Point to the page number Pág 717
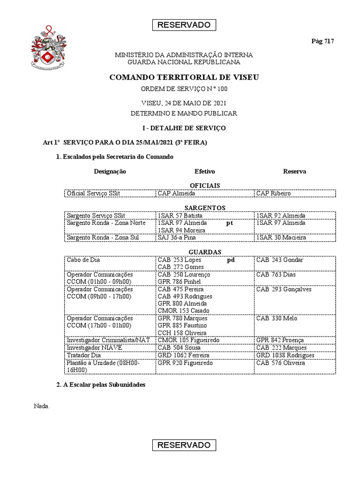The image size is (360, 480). click(322, 41)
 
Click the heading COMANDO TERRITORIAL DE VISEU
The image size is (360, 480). click(184, 77)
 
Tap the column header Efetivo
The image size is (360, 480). click(205, 172)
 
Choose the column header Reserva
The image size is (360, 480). click(294, 172)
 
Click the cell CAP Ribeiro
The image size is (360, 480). click(274, 193)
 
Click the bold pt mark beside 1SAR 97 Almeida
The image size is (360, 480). click(229, 223)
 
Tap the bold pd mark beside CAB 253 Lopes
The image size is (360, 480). click(231, 260)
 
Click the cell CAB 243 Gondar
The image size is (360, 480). click(280, 260)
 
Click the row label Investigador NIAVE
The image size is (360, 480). click(94, 347)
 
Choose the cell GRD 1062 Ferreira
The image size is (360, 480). click(183, 355)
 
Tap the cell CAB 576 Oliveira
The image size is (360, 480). click(280, 363)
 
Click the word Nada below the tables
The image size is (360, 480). click(42, 406)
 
